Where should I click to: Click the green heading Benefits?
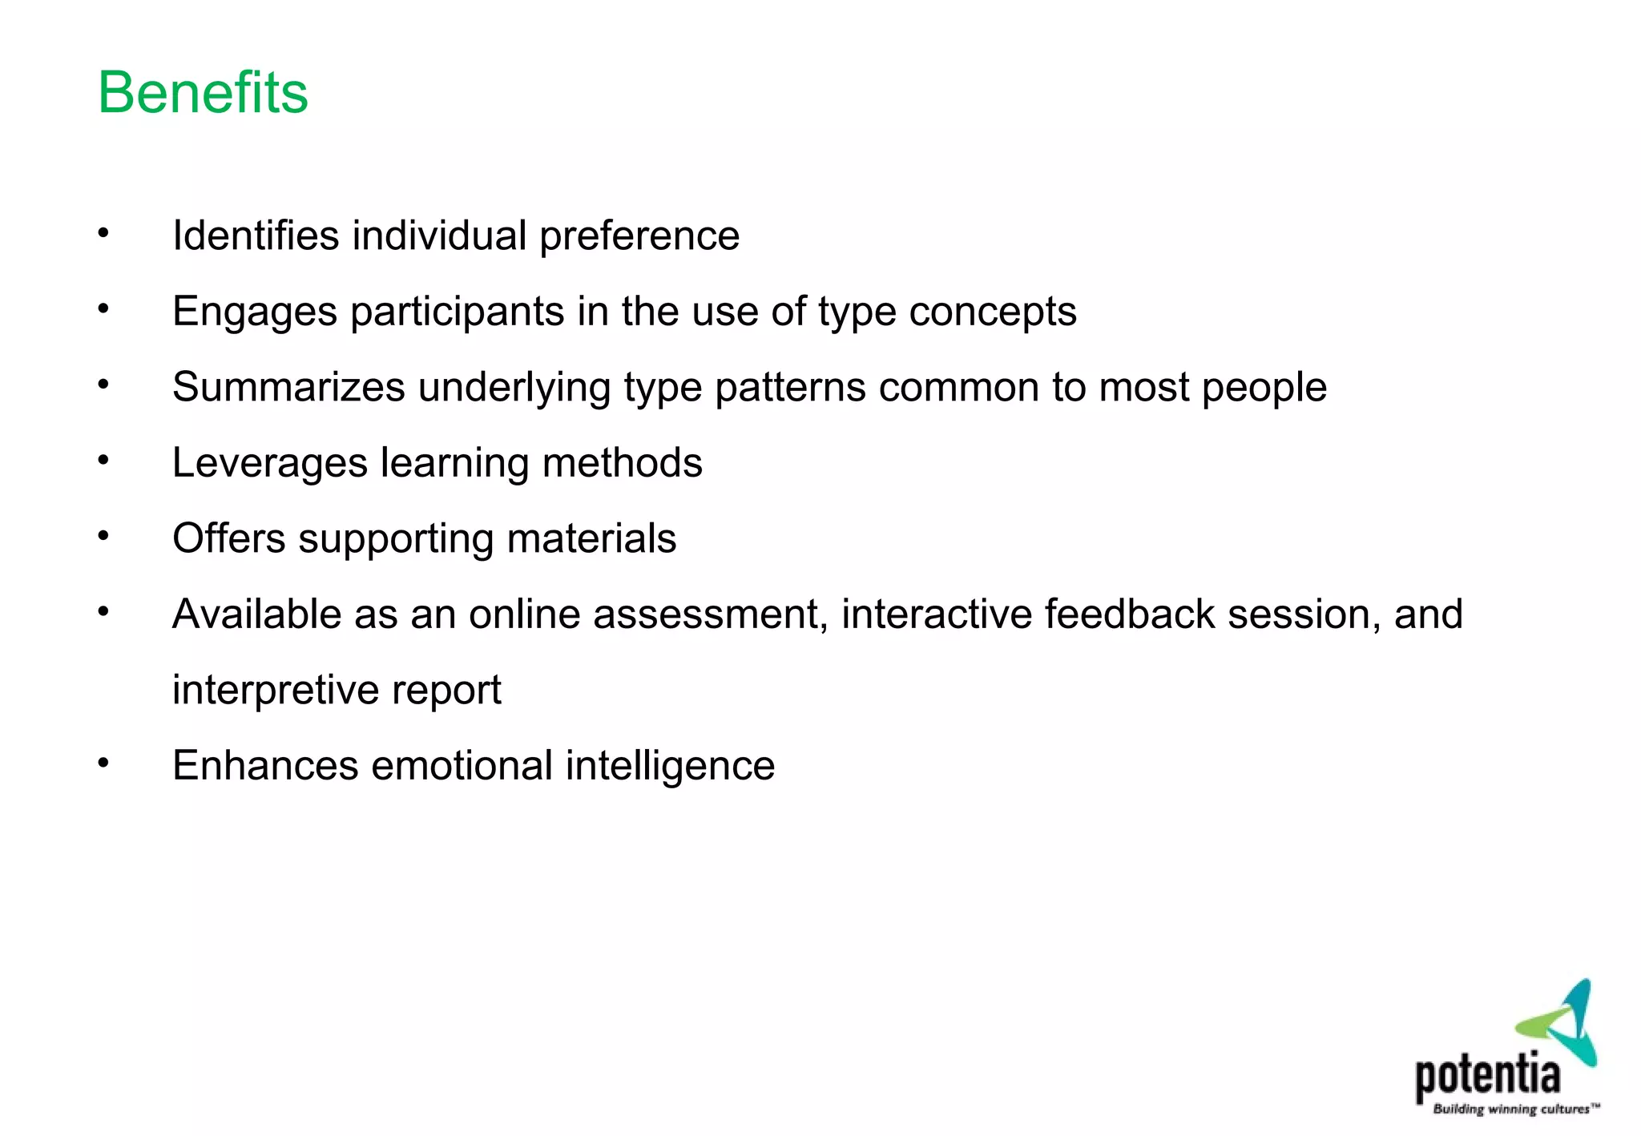point(203,93)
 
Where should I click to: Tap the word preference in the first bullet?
point(639,237)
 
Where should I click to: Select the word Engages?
point(254,312)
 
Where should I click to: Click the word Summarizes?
point(288,388)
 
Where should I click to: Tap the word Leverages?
point(269,464)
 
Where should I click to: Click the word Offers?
point(228,538)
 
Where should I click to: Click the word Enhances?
point(264,766)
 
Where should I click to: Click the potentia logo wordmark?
point(1487,1076)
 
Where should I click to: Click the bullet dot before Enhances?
point(103,763)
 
